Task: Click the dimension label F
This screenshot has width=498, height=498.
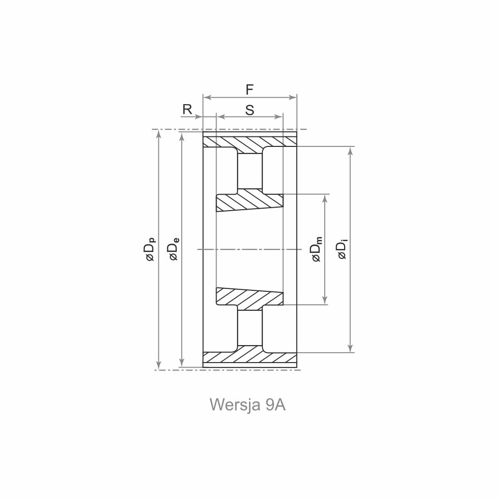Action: (249, 90)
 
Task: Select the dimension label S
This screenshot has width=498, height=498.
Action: (250, 110)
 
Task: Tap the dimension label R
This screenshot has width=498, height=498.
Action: (187, 109)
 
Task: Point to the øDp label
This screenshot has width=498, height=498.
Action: (150, 249)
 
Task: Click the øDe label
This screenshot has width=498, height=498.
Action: (174, 249)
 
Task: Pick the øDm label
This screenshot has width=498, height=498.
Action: (317, 249)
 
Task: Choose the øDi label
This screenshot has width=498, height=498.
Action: (343, 249)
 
